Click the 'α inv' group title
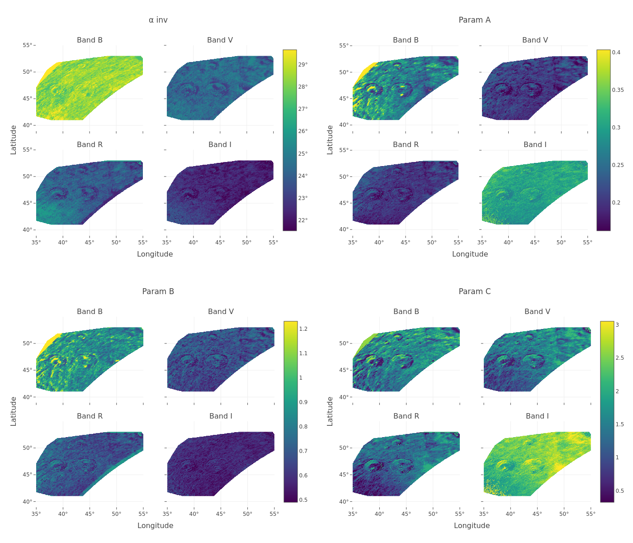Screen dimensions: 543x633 tap(158, 20)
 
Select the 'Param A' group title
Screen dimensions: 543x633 tap(474, 20)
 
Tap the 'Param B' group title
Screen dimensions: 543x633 tap(158, 291)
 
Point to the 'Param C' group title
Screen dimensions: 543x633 tap(474, 291)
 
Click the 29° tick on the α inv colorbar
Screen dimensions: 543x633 tap(302, 65)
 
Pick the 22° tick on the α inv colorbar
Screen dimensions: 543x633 tap(302, 220)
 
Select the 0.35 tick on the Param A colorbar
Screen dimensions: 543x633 tap(618, 90)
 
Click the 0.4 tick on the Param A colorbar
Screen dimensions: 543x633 tap(616, 52)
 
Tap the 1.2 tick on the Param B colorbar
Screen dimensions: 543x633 tap(303, 329)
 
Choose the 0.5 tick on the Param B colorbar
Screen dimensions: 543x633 tap(303, 500)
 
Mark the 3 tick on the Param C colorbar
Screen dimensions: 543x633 tap(617, 325)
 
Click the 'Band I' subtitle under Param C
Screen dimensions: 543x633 tap(537, 416)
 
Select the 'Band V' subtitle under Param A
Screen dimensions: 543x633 tap(535, 40)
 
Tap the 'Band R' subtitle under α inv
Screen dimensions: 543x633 tap(90, 145)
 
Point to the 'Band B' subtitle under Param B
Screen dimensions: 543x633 tap(90, 312)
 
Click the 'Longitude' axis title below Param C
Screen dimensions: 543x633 tap(472, 525)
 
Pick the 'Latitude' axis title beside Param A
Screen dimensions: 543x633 tap(330, 140)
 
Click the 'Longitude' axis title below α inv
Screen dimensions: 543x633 tap(155, 254)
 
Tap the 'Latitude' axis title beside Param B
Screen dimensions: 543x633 tap(14, 411)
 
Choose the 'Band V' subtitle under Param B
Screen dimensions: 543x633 tap(221, 312)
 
